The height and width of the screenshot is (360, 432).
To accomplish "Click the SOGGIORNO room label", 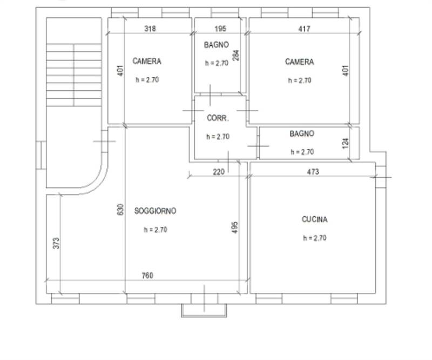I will point(155,211).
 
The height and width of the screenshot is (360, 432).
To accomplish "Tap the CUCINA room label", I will point(314,219).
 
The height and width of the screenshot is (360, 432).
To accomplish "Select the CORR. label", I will point(218,118).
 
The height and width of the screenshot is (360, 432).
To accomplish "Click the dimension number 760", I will point(147,276).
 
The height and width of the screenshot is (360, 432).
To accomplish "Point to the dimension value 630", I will point(120,210).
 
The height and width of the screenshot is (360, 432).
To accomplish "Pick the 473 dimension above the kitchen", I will point(313,172).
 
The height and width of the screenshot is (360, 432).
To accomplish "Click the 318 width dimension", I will point(150,29).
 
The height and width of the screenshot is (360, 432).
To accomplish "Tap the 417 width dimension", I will point(304,29).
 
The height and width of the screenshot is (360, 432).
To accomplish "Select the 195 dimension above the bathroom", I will point(220,29).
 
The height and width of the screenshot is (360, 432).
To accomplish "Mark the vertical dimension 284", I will point(235,55).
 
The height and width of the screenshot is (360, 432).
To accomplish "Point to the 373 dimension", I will point(56,243).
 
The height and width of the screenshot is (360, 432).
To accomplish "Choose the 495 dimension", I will point(235,228).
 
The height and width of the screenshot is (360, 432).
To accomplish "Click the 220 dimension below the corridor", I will point(218,172).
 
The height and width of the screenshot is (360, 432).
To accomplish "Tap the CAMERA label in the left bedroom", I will point(146,62).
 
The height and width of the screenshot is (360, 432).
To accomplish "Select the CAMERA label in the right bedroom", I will point(299,62).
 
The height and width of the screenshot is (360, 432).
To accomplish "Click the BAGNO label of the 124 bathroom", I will point(301,134).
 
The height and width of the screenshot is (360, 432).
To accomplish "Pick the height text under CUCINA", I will point(314,238).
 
